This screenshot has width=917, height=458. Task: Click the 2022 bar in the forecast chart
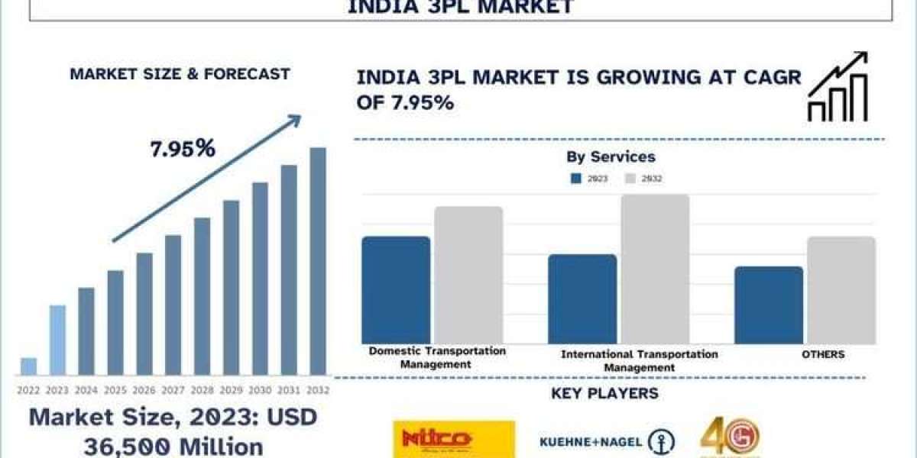28,366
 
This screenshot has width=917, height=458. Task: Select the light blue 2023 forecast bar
57,340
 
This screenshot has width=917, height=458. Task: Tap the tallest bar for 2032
317,261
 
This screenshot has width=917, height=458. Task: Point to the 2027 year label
173,390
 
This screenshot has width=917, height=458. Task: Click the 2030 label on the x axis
260,390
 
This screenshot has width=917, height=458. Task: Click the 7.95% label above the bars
183,150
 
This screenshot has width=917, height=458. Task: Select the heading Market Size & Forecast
180,75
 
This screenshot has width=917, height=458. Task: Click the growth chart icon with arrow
838,87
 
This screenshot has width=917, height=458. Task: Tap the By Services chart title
611,157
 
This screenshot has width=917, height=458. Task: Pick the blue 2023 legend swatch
577,179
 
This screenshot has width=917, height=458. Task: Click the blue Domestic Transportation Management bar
396,290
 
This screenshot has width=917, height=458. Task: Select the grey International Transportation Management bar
655,269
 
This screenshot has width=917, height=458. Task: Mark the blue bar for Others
769,305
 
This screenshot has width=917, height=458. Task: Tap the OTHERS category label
824,355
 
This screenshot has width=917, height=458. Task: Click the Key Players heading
604,395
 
